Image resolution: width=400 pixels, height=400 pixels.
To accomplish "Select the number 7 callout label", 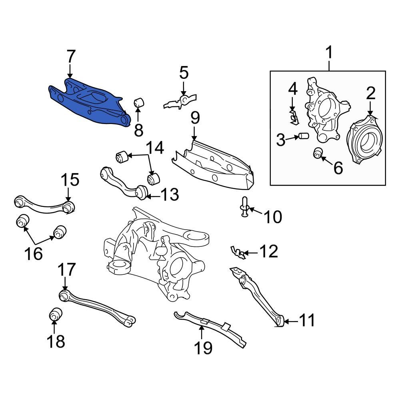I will coord(70,57).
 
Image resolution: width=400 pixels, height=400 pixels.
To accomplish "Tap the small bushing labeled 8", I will coord(139,103).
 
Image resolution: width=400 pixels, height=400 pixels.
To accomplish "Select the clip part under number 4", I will coord(294,117).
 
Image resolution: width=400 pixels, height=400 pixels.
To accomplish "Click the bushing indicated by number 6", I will coord(318,153).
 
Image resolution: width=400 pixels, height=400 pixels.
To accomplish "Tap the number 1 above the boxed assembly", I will coord(329,53).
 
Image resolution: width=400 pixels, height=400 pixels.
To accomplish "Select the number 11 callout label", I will coord(307,320).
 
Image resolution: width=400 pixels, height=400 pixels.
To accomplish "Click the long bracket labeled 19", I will coord(210,327).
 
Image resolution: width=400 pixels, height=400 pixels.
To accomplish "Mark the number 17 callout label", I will coord(66,270).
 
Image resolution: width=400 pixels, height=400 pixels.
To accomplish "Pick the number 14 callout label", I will coord(154,148).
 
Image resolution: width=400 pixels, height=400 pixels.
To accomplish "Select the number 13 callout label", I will coord(169,196).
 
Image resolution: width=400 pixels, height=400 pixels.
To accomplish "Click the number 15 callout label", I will coord(70,180).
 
